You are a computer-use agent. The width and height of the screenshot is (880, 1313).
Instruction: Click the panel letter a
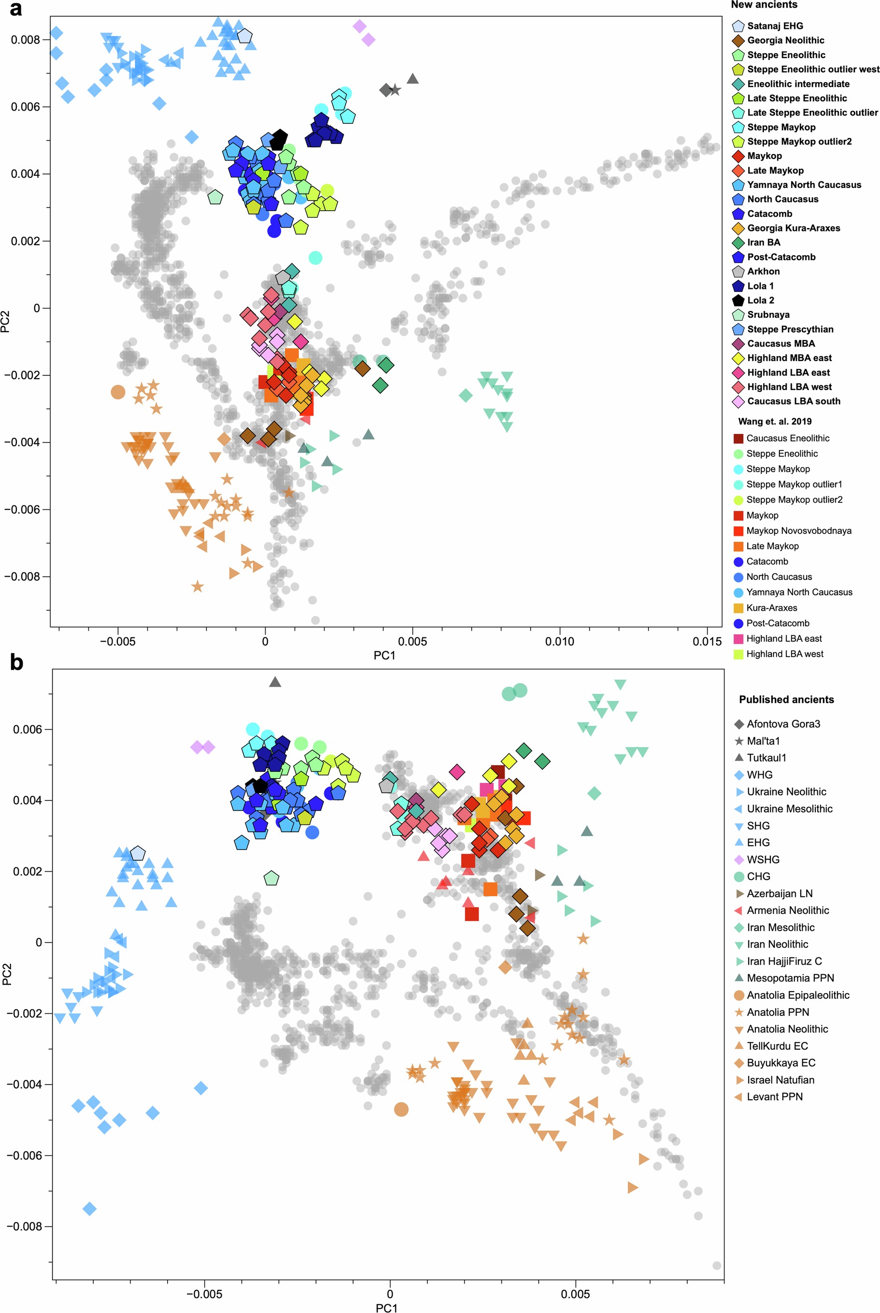[16, 9]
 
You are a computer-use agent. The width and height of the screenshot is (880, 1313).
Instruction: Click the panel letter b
[17, 663]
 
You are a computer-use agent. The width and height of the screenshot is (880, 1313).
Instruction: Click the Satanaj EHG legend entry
[775, 26]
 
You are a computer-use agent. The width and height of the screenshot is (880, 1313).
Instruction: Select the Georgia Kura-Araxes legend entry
[793, 228]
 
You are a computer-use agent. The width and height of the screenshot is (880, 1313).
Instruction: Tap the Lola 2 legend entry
[760, 301]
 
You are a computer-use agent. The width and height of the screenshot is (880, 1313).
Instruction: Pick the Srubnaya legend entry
[768, 315]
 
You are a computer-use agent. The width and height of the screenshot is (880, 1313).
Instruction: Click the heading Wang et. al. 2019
[775, 421]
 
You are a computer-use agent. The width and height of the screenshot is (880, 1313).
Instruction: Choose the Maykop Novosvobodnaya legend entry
[798, 531]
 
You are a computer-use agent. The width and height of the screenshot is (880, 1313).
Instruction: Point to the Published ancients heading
[786, 699]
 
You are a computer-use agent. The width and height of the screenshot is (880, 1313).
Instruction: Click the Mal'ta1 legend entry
[763, 741]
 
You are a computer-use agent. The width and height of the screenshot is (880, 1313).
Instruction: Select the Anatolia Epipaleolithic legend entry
[797, 995]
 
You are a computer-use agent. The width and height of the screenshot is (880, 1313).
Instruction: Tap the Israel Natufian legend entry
[780, 1080]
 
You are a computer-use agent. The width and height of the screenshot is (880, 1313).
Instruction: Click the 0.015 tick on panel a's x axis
[707, 641]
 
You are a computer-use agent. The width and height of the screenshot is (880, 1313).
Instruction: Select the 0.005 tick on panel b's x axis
[575, 1294]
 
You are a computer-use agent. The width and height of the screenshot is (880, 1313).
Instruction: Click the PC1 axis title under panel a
[384, 655]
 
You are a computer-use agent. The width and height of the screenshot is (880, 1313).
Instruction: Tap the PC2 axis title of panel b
[7, 974]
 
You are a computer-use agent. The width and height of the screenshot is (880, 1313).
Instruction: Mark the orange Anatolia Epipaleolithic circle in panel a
[118, 392]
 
